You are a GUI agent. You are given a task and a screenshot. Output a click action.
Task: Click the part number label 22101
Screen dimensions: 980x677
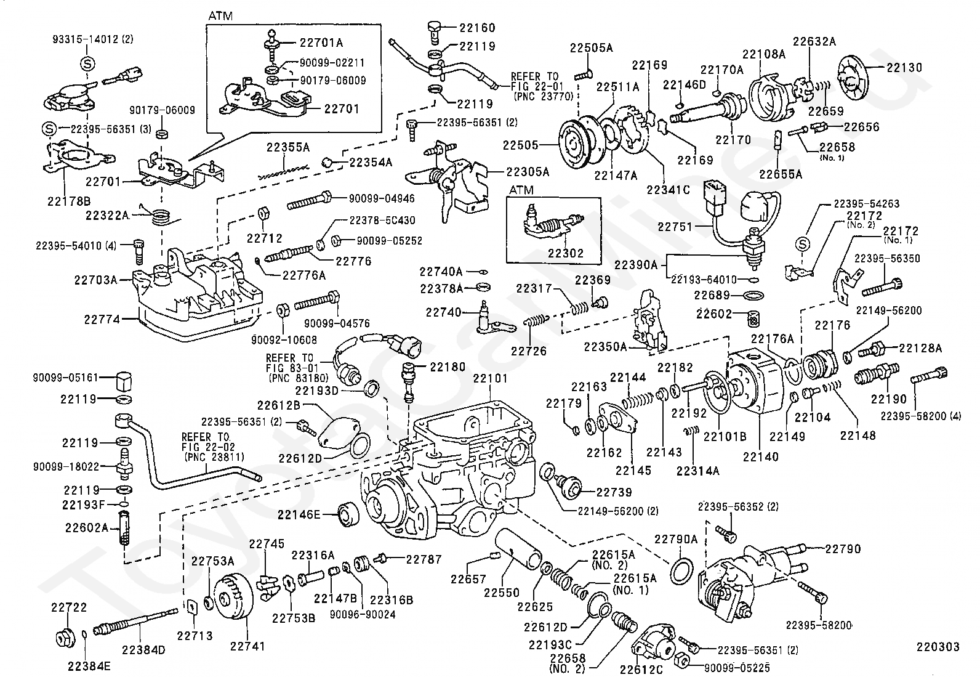click(x=490, y=378)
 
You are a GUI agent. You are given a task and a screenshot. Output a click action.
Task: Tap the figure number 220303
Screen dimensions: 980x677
click(x=938, y=647)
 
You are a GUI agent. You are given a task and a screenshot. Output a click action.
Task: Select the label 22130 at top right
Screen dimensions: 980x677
click(x=904, y=67)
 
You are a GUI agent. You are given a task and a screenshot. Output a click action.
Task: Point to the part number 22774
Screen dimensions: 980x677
click(x=102, y=319)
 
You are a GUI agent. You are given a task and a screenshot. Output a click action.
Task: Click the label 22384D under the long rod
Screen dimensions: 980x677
click(x=143, y=650)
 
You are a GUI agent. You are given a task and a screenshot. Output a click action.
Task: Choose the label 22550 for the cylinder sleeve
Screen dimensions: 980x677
click(x=501, y=593)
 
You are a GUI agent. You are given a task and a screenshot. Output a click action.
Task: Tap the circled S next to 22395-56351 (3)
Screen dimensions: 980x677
click(x=49, y=129)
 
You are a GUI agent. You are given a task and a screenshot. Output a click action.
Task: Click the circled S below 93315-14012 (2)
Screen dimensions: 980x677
click(x=87, y=64)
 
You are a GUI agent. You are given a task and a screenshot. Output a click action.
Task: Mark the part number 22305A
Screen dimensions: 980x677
click(x=528, y=172)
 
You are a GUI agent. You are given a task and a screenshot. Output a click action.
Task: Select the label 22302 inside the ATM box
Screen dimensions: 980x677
click(x=566, y=253)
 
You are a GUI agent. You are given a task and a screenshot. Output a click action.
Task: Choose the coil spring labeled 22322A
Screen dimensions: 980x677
click(x=162, y=216)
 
